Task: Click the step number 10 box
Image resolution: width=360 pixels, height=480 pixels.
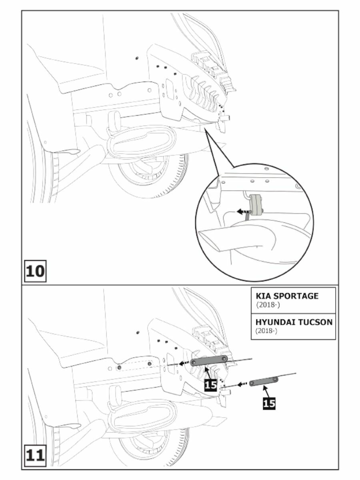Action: point(36,271)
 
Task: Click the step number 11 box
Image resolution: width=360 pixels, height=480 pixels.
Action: point(36,456)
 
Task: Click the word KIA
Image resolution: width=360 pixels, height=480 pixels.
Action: point(264,296)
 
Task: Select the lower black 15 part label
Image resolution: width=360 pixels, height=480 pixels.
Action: point(269,403)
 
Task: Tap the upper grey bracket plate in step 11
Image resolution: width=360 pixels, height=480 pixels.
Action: point(209,360)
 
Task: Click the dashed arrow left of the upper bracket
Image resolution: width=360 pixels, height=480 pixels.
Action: point(184,363)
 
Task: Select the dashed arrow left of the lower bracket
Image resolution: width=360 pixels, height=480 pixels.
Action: point(241,384)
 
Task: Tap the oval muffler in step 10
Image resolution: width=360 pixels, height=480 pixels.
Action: point(142,142)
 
